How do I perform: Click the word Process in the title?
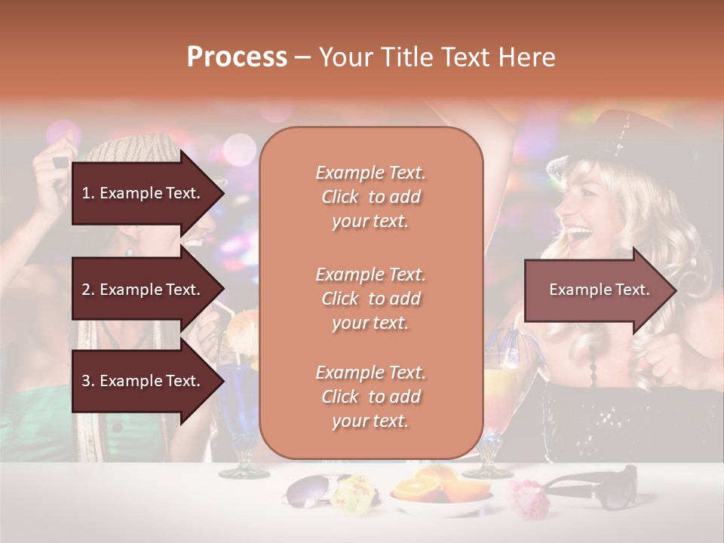pyautogui.click(x=237, y=57)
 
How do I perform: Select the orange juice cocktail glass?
pyautogui.click(x=499, y=392)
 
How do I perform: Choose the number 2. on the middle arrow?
pyautogui.click(x=88, y=290)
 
